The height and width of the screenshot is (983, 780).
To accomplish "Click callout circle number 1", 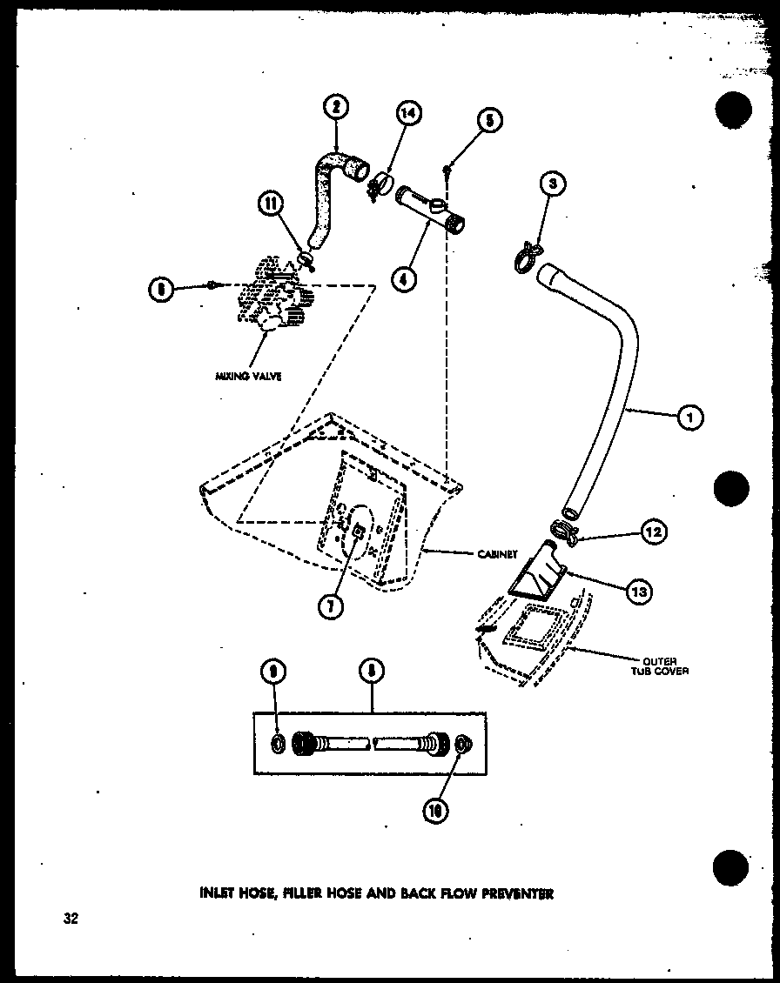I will point(689,418).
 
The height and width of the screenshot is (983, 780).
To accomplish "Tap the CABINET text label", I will point(497,553).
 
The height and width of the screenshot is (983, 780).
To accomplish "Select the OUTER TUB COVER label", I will point(666,665).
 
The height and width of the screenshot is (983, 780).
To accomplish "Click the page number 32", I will point(70,918).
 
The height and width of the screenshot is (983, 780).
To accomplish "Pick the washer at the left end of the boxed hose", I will point(278,744).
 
